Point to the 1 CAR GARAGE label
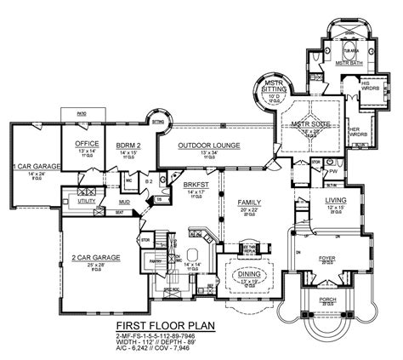pos(36,166)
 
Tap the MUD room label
pos(124,202)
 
